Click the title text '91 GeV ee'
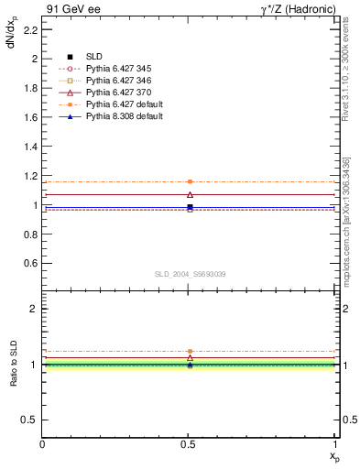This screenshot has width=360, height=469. (x=67, y=8)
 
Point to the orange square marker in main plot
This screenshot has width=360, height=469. (x=190, y=181)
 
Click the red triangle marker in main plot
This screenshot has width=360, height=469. (x=190, y=194)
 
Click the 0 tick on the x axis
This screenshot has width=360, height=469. (x=43, y=444)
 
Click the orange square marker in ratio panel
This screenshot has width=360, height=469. (x=190, y=352)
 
